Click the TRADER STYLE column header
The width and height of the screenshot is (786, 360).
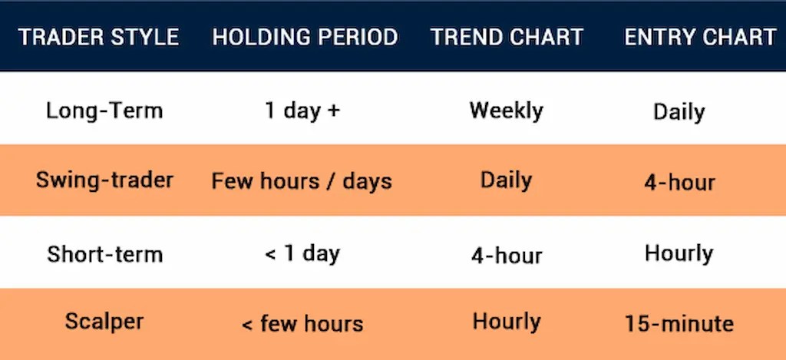point(98,37)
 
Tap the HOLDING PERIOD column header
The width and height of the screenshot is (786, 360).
point(305,37)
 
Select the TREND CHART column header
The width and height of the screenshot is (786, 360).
point(507,37)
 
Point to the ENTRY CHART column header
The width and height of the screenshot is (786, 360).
point(700,37)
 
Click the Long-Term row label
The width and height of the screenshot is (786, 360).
point(104,111)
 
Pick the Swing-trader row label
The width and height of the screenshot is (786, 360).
point(104,180)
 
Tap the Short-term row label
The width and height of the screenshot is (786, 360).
point(104,253)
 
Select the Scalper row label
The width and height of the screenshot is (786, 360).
point(104,322)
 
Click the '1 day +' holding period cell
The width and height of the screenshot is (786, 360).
point(302,111)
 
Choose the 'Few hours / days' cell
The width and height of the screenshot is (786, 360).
point(302,182)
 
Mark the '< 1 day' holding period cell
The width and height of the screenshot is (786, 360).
point(302,253)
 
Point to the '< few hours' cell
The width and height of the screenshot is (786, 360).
point(302,323)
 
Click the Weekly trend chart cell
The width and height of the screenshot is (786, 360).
point(506,111)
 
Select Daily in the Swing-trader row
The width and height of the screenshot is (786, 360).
point(506,180)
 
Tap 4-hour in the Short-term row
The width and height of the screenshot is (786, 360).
point(506,255)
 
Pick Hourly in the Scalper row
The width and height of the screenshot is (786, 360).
point(506,322)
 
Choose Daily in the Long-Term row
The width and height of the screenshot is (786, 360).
point(679,112)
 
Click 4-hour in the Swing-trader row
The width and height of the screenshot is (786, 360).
point(679,183)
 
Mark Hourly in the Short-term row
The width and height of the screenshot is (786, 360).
point(679,253)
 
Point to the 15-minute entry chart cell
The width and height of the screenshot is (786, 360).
point(679,323)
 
